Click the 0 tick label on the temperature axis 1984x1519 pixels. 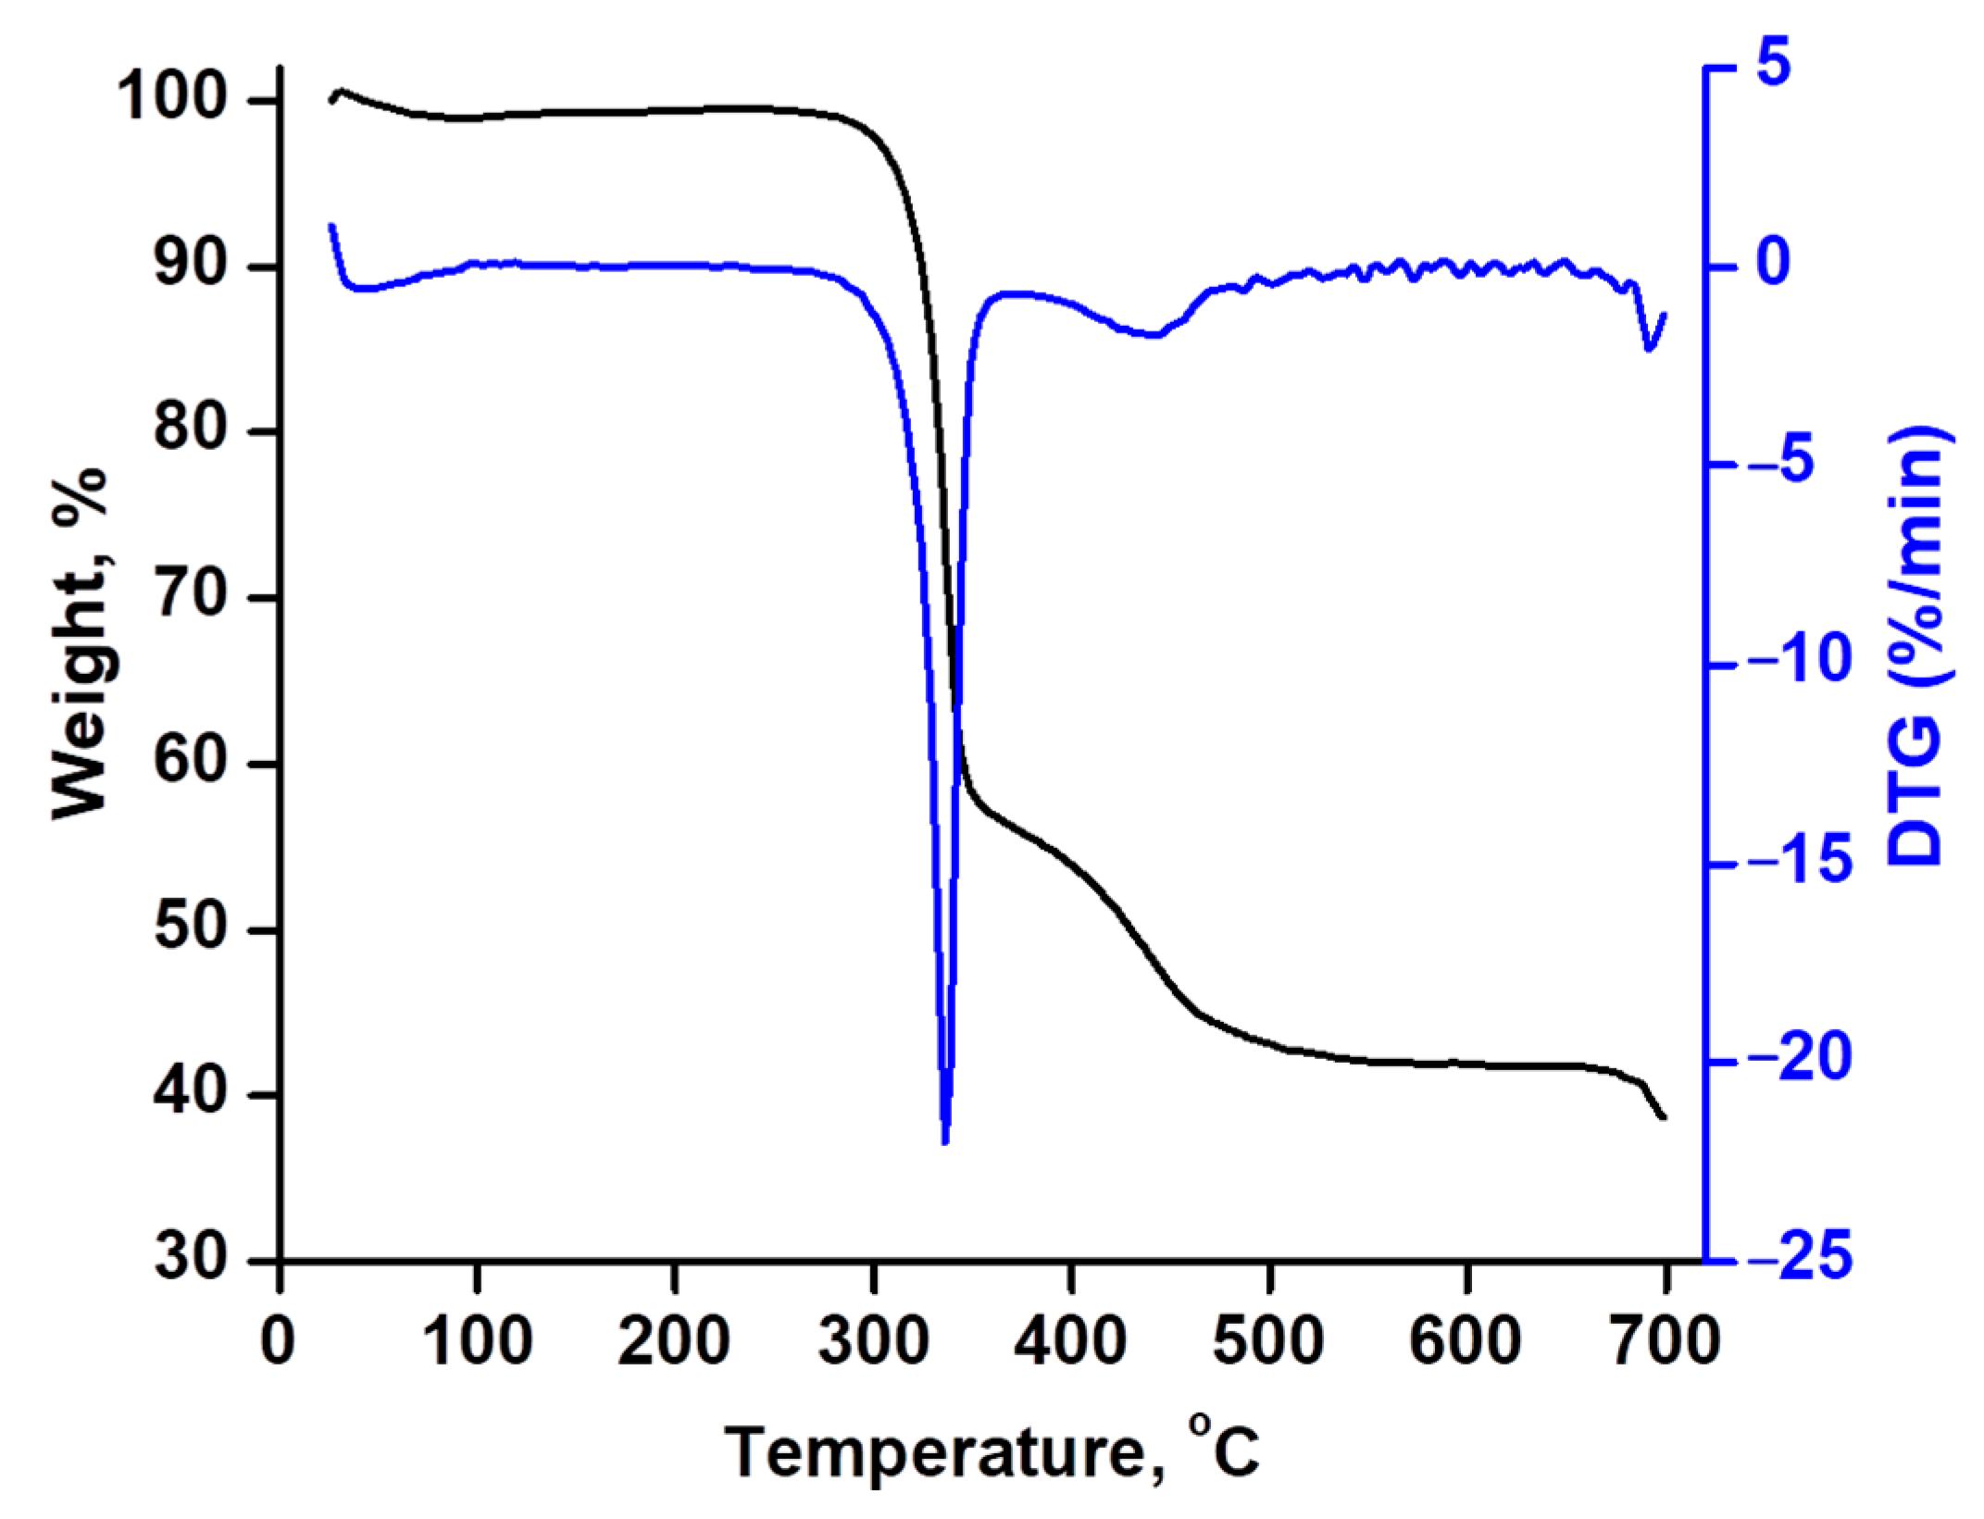[279, 1340]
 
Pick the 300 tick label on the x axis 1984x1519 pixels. [873, 1340]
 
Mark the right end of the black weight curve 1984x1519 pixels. [1665, 1118]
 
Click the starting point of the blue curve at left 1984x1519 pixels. [331, 225]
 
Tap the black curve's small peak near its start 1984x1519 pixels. [341, 91]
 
